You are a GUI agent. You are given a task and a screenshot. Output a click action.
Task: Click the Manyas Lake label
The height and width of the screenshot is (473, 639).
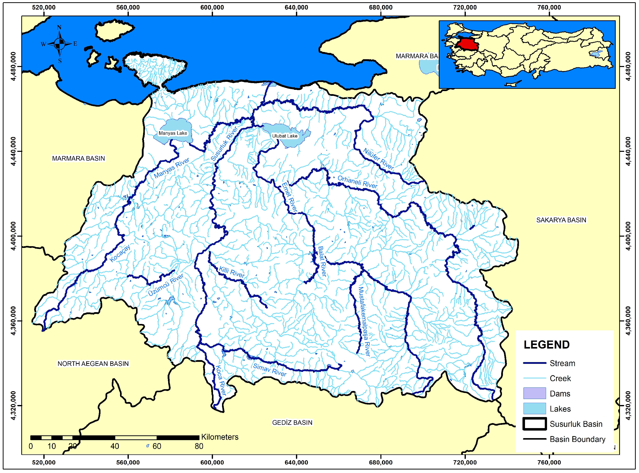pos(173,133)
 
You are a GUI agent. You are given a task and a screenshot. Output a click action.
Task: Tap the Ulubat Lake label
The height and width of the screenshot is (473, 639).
pos(284,136)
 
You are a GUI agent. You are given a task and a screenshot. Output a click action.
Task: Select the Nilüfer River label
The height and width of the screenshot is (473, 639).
pos(378,159)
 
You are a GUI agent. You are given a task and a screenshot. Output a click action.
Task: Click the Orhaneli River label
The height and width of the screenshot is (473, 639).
pos(357,182)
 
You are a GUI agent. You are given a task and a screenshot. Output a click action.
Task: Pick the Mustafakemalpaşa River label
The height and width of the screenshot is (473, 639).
pos(364,321)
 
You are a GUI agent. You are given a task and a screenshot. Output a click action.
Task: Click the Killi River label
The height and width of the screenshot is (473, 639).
pos(232,272)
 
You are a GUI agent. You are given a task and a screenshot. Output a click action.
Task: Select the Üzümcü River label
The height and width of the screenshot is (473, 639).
pos(166,285)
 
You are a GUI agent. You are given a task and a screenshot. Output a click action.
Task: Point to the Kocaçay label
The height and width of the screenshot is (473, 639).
pos(120,253)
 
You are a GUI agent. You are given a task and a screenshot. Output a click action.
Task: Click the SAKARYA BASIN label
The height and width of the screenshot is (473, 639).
pos(561,220)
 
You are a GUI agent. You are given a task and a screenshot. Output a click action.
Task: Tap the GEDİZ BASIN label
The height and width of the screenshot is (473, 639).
pos(292,423)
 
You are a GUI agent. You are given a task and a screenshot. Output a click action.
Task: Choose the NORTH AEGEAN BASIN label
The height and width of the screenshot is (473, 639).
pos(93,364)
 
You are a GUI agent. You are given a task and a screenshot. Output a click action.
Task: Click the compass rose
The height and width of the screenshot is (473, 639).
pos(59,44)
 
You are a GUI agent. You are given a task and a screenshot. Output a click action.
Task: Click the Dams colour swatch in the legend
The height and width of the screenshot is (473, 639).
pos(534,393)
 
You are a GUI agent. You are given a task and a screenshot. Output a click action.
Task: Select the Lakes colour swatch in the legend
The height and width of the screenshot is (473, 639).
pos(534,409)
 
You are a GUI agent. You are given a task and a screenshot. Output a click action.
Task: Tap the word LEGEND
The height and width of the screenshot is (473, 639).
pos(546,345)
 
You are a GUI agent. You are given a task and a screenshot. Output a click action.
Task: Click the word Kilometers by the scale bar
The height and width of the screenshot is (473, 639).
pos(220,437)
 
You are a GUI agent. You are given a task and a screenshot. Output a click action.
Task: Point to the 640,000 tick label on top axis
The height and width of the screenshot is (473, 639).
pos(296,8)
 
